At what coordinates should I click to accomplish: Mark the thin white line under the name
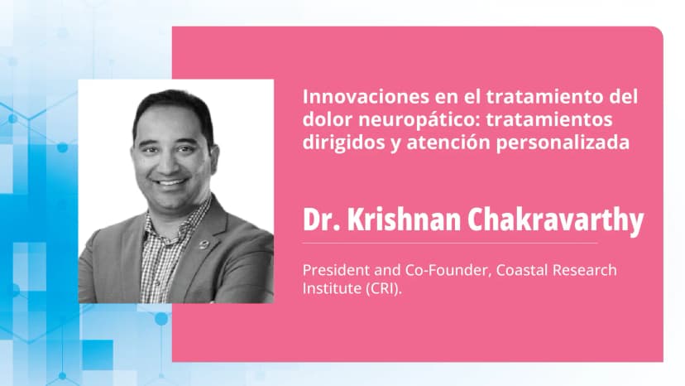(x=450, y=243)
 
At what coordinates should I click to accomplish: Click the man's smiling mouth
(x=170, y=181)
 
